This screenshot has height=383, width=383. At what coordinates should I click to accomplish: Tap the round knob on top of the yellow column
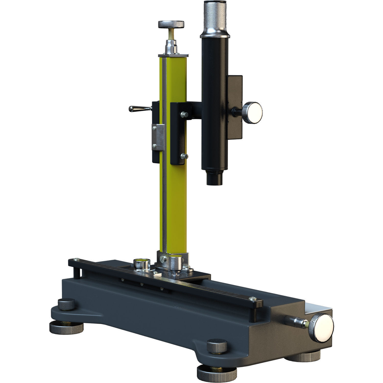(171, 25)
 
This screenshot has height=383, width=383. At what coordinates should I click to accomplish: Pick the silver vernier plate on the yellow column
(158, 137)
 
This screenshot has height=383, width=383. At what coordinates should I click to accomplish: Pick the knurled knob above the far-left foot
(67, 304)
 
